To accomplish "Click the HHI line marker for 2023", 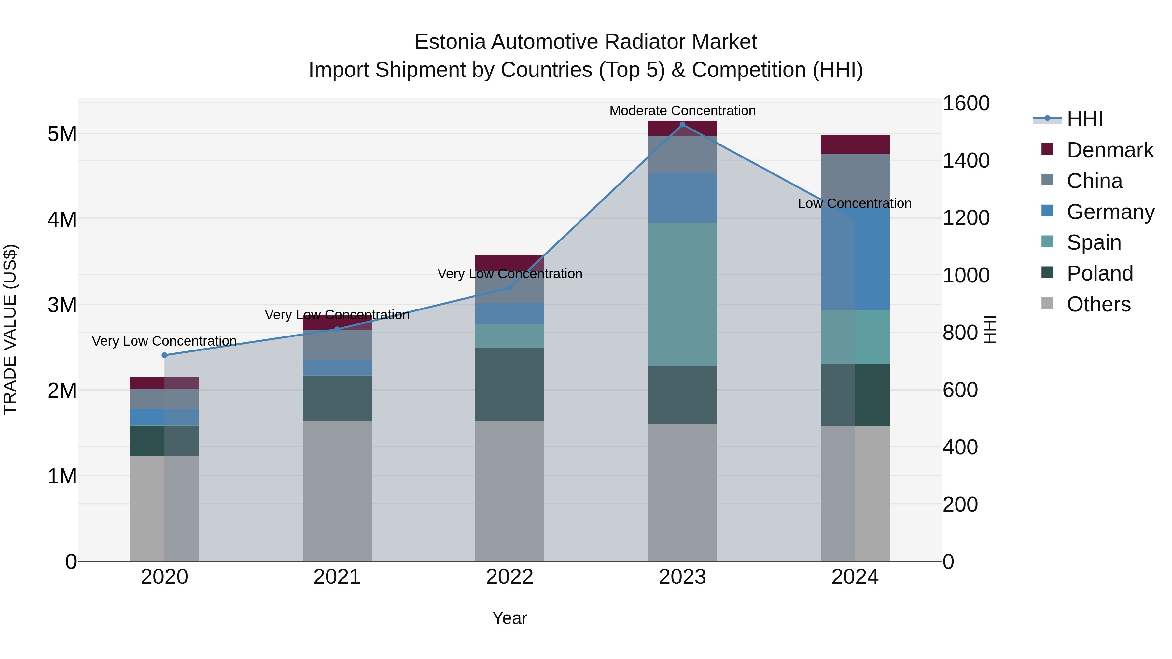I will point(682,124).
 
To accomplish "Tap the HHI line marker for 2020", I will point(165,355).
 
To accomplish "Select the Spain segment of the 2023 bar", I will point(682,294).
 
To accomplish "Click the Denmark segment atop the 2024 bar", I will point(855,144).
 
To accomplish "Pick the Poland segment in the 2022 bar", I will point(509,384).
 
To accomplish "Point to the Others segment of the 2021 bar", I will point(337,491).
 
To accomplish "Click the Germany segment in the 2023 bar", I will point(682,198).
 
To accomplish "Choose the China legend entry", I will point(1094,181).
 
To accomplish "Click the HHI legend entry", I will point(1085,119).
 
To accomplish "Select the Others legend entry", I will point(1098,304).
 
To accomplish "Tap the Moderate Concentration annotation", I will point(682,111).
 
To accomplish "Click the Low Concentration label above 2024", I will point(855,203).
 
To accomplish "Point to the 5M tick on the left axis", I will point(62,134).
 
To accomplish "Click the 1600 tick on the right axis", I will point(966,103).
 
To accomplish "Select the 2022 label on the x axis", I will point(509,577).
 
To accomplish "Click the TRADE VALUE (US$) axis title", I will point(10,329).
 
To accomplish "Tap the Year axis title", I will point(509,618).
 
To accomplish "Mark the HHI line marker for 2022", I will point(509,287).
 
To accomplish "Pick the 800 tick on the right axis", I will point(960,333).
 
